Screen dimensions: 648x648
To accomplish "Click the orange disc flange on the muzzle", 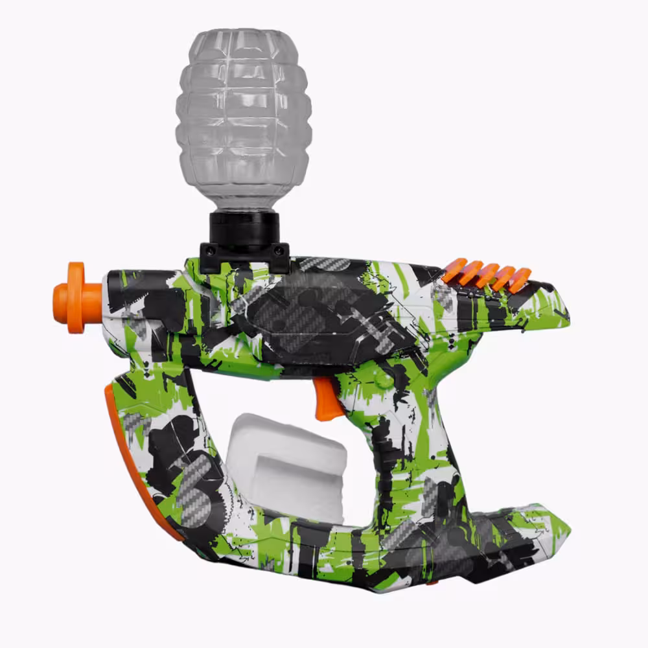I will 76,297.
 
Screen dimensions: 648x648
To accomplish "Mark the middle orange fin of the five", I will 486,275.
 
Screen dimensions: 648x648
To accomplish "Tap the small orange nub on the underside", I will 428,584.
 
